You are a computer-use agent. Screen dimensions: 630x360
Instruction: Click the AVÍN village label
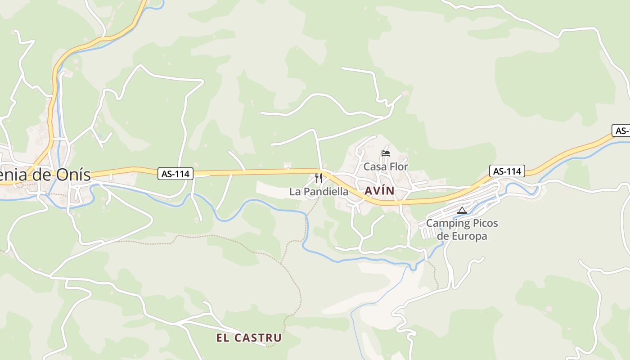[379, 191]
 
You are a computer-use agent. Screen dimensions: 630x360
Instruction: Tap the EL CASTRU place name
[249, 337]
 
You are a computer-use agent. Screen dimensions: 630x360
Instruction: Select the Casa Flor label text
[386, 166]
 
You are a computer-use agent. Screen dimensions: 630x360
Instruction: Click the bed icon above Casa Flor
[386, 153]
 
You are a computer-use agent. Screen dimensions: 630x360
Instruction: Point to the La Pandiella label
[319, 192]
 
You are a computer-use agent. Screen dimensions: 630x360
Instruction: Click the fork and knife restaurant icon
[319, 178]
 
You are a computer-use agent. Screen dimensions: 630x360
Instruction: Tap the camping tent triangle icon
[462, 210]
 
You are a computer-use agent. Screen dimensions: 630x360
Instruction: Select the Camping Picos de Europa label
[462, 229]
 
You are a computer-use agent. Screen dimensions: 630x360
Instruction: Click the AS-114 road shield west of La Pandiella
[175, 173]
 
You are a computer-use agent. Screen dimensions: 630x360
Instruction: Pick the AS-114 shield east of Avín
[507, 171]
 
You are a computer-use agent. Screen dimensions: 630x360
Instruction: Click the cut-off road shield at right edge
[621, 131]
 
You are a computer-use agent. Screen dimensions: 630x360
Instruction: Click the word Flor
[399, 166]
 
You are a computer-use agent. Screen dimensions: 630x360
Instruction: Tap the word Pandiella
[326, 192]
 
